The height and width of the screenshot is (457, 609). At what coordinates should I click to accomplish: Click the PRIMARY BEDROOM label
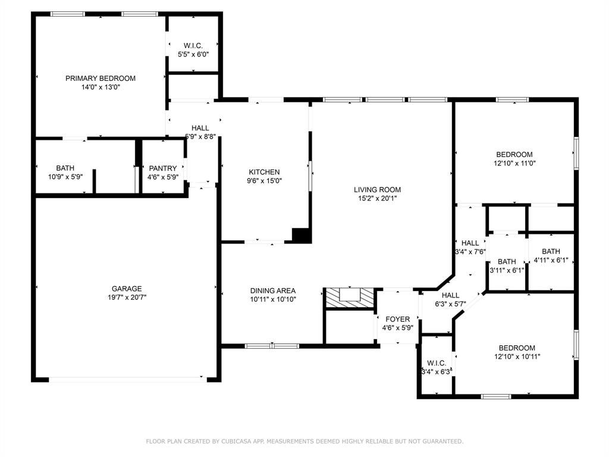tap(100, 78)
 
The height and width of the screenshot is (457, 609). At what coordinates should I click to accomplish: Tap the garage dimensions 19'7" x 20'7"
tap(127, 297)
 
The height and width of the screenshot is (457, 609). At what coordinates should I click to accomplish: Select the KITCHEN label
tap(264, 172)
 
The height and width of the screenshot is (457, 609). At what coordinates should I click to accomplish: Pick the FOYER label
tap(397, 319)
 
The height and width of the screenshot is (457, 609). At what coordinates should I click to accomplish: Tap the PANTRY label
tap(163, 168)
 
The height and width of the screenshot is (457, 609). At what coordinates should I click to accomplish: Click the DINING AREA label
tap(273, 291)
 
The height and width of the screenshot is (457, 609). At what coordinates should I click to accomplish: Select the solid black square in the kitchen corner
tap(302, 235)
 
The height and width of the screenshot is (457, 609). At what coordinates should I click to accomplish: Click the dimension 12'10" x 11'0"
tap(515, 163)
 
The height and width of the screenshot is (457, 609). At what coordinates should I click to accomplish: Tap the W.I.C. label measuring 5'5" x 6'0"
tap(193, 45)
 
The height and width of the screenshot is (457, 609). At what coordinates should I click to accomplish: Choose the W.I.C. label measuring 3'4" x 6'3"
tap(437, 363)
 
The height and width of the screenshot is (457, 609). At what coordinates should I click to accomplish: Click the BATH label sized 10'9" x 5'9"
tap(65, 168)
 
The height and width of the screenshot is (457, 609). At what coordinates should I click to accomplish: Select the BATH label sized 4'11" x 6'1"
tap(551, 251)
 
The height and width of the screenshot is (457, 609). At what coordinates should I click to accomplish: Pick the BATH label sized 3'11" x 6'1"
tap(507, 262)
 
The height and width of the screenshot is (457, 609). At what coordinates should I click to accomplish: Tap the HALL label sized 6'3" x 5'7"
tap(450, 295)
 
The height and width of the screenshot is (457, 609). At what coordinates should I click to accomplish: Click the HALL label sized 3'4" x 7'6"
tap(470, 243)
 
